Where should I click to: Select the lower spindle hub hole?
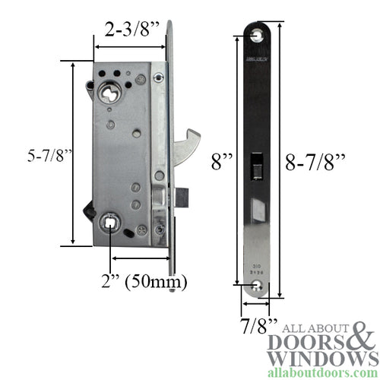click(111, 222)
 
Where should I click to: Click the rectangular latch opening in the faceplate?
click(257, 166)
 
